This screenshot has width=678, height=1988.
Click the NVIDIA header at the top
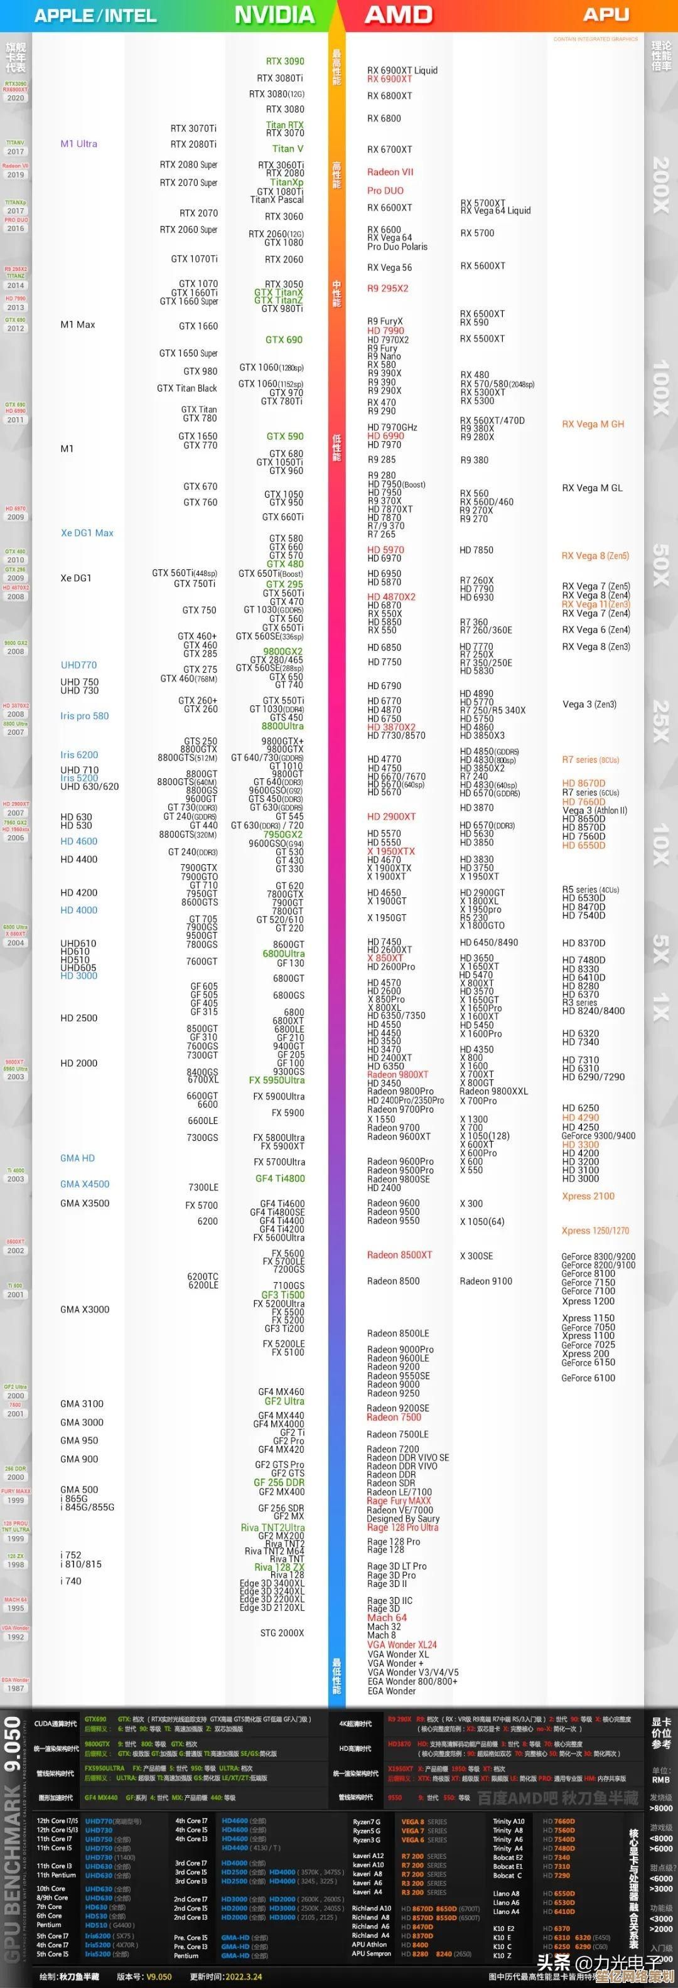pos(274,14)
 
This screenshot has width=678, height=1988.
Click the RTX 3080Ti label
pos(279,78)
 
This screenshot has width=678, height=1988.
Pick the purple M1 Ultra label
pos(78,144)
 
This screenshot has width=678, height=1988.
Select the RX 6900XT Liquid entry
pos(402,70)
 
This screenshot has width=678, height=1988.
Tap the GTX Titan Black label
pos(187,388)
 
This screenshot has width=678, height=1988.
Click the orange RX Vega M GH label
pos(592,424)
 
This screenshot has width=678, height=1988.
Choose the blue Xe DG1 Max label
pos(87,533)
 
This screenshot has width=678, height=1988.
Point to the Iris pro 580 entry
pos(84,715)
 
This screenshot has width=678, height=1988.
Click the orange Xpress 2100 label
pos(588,1195)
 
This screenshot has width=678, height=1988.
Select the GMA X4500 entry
pos(85,1184)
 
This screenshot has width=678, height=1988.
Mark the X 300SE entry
pos(476,1256)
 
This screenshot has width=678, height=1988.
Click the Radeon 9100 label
pos(486,1280)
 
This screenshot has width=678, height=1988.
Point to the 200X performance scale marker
pos(660,185)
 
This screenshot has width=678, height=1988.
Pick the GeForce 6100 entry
pos(588,1377)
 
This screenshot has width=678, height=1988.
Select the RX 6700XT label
pos(389,149)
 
